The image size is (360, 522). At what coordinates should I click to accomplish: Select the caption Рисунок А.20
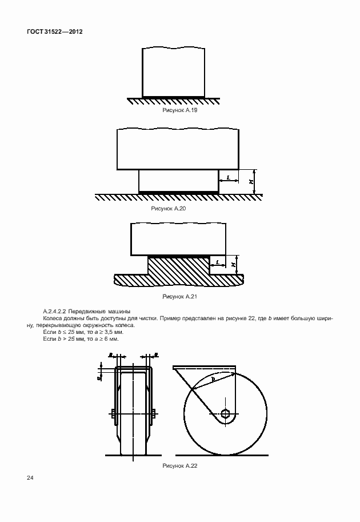[x=169, y=209]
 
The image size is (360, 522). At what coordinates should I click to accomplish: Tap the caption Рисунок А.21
[x=181, y=297]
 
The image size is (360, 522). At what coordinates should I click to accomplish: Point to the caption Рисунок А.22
[x=181, y=467]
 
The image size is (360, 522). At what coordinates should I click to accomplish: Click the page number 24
[x=29, y=478]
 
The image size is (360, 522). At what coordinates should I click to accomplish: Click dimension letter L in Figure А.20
[x=229, y=178]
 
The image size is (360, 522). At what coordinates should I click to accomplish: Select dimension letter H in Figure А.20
[x=250, y=182]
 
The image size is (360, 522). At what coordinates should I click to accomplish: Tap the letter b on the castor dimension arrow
[x=213, y=379]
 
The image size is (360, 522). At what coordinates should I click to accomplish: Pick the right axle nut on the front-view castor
[x=154, y=413]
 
